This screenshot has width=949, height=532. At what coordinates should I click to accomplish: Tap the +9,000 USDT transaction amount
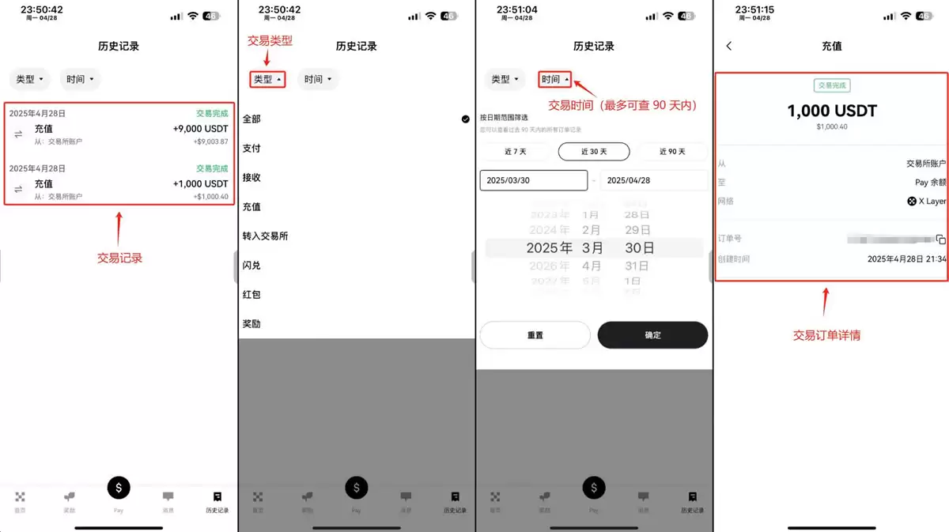pyautogui.click(x=200, y=129)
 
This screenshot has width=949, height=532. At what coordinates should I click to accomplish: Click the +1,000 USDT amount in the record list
pyautogui.click(x=200, y=184)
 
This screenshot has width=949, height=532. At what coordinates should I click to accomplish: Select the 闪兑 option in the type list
pyautogui.click(x=251, y=266)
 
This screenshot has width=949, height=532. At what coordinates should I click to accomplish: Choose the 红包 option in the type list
pyautogui.click(x=251, y=295)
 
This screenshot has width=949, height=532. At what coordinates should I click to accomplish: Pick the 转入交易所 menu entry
pyautogui.click(x=265, y=236)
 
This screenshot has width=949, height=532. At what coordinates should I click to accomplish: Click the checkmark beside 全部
pyautogui.click(x=466, y=119)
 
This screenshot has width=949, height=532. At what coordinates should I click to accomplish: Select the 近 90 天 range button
pyautogui.click(x=672, y=152)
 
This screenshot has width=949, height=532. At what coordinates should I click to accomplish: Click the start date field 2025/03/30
pyautogui.click(x=533, y=180)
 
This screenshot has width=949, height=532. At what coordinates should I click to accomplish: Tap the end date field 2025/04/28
pyautogui.click(x=653, y=180)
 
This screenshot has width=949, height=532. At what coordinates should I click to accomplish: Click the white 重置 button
pyautogui.click(x=535, y=335)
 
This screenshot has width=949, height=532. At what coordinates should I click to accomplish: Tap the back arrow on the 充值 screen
pyautogui.click(x=729, y=47)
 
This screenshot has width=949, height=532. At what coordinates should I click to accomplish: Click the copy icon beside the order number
pyautogui.click(x=940, y=239)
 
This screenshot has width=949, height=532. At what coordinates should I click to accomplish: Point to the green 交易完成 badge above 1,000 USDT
pyautogui.click(x=832, y=85)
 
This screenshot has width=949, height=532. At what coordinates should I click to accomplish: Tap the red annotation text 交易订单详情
pyautogui.click(x=826, y=336)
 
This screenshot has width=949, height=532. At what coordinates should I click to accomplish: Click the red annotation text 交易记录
pyautogui.click(x=119, y=258)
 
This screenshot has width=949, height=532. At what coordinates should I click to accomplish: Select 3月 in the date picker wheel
pyautogui.click(x=592, y=248)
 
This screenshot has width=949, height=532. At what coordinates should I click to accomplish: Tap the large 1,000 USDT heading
pyautogui.click(x=832, y=111)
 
